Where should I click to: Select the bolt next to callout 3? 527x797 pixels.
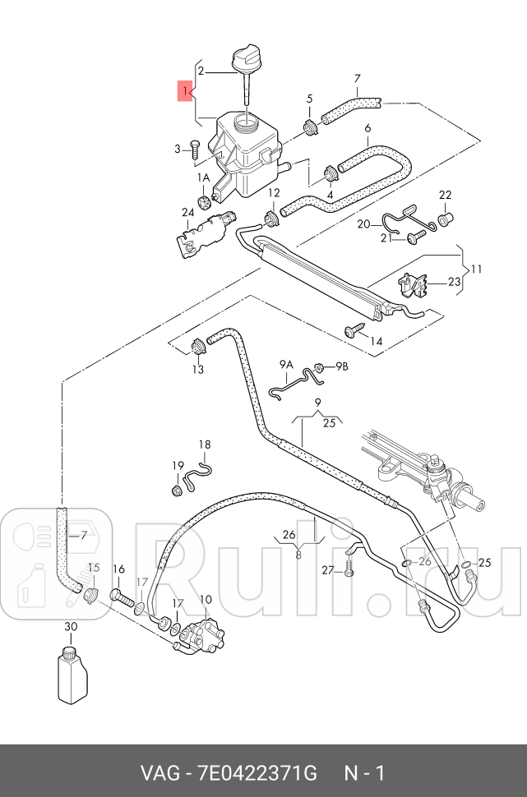(x=195, y=150)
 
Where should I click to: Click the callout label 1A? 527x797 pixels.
(x=202, y=177)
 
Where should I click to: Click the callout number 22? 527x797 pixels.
(x=445, y=195)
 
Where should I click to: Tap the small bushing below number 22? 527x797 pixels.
(x=444, y=220)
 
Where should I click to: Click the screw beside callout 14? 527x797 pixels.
(x=354, y=329)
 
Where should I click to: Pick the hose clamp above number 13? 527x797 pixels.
(x=197, y=343)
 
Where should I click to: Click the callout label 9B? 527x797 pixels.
(x=340, y=366)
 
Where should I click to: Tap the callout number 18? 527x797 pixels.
(x=204, y=445)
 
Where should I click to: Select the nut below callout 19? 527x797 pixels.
(x=176, y=491)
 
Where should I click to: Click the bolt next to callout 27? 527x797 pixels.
(x=349, y=566)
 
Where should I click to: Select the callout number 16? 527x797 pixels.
(x=118, y=569)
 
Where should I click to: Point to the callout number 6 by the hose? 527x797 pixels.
(x=368, y=129)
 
